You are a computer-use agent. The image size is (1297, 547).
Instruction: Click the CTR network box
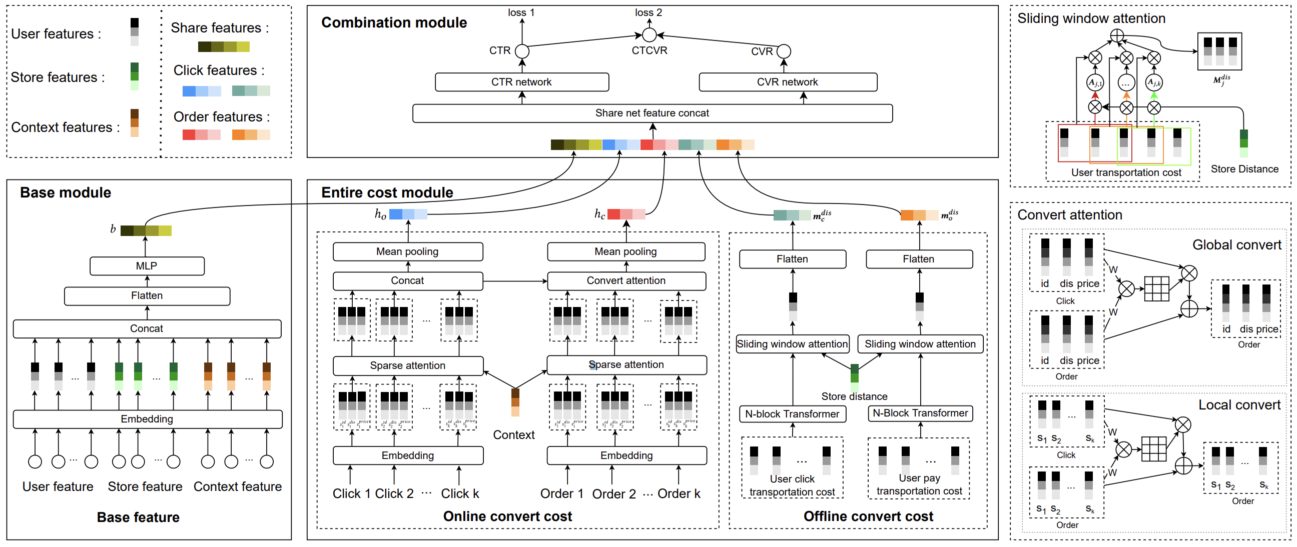click(521, 82)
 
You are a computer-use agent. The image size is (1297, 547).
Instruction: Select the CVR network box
click(788, 82)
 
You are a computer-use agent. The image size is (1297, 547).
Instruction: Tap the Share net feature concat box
click(652, 113)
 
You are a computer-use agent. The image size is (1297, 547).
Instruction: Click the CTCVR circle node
click(650, 35)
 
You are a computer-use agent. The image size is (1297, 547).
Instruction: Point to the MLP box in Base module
click(147, 265)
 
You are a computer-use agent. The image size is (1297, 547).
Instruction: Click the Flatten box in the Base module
click(147, 296)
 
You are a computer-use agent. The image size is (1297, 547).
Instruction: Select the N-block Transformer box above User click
click(792, 414)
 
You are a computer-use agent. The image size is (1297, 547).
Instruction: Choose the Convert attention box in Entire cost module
click(626, 281)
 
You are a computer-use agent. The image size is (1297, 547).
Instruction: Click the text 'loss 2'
click(648, 12)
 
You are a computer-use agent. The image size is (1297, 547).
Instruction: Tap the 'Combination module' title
click(394, 22)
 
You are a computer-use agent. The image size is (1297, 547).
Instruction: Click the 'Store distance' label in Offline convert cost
click(855, 396)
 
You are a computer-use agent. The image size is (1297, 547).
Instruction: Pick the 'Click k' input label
click(460, 493)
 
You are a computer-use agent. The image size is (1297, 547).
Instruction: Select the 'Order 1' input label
click(561, 493)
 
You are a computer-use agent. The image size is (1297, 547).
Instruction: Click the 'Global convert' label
click(1236, 245)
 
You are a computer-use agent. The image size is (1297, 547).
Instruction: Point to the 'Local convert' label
click(1239, 405)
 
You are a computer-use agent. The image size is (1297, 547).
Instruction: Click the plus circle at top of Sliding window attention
click(1117, 35)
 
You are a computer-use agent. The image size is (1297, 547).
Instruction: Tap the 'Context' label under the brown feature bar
click(513, 435)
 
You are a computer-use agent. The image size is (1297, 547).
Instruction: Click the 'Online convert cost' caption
click(507, 516)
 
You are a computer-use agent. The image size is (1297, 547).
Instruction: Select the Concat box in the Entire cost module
click(408, 281)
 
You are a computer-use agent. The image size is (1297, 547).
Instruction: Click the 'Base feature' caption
click(138, 517)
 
